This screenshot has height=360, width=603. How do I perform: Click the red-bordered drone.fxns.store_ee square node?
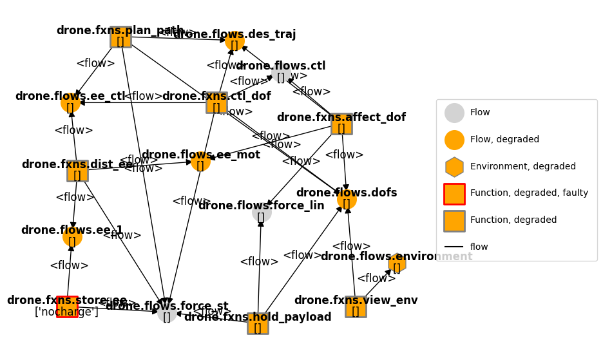[x=67, y=307]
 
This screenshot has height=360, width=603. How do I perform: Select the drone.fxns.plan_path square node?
[x=120, y=37]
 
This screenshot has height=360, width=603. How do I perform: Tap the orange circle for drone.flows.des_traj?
[x=235, y=41]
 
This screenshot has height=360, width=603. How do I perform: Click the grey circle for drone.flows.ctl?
[x=281, y=73]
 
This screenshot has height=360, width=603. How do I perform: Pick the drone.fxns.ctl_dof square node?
[x=216, y=102]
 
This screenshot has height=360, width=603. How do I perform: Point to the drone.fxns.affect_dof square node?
[x=341, y=124]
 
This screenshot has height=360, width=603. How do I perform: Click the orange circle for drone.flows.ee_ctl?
[x=70, y=103]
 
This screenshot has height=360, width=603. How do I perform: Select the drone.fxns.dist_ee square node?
[x=77, y=171]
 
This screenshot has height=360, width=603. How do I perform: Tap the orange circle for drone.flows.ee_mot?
[x=200, y=162]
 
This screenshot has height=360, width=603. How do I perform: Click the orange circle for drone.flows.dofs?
[x=347, y=200]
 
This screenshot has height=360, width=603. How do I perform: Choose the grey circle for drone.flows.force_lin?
[x=262, y=213]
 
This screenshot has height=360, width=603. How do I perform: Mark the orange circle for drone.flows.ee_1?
[x=72, y=237]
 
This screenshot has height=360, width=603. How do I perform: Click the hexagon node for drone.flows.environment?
[x=397, y=263]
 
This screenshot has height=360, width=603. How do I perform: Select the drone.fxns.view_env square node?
[x=356, y=307]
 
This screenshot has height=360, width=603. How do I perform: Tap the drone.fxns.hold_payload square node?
[x=258, y=323]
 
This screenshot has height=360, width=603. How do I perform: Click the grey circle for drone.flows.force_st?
[x=167, y=313]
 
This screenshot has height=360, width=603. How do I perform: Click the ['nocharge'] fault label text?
[x=66, y=312]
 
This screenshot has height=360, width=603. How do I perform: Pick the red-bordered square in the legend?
[x=454, y=194]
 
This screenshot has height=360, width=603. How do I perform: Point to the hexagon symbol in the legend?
[x=454, y=167]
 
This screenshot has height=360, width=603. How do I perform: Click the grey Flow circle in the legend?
[x=454, y=113]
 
